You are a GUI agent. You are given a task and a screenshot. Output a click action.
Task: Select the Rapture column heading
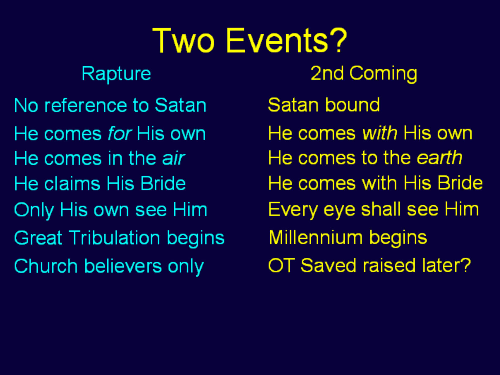pyautogui.click(x=116, y=74)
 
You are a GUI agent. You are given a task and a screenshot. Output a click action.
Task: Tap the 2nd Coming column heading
pyautogui.click(x=364, y=74)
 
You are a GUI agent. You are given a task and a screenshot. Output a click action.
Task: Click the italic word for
pyautogui.click(x=119, y=134)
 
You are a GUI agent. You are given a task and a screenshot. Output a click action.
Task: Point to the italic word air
pyautogui.click(x=173, y=158)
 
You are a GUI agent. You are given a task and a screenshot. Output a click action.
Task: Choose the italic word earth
pyautogui.click(x=439, y=158)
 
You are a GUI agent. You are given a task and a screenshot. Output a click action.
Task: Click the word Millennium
pyautogui.click(x=316, y=237)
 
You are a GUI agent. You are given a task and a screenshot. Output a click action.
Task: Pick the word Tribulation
pyautogui.click(x=114, y=238)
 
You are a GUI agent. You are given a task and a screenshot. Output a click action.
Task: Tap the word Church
pyautogui.click(x=46, y=266)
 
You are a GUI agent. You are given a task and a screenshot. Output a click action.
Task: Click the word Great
pyautogui.click(x=38, y=238)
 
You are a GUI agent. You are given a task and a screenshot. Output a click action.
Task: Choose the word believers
pyautogui.click(x=123, y=266)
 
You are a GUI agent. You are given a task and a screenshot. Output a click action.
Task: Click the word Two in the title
pyautogui.click(x=183, y=40)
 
